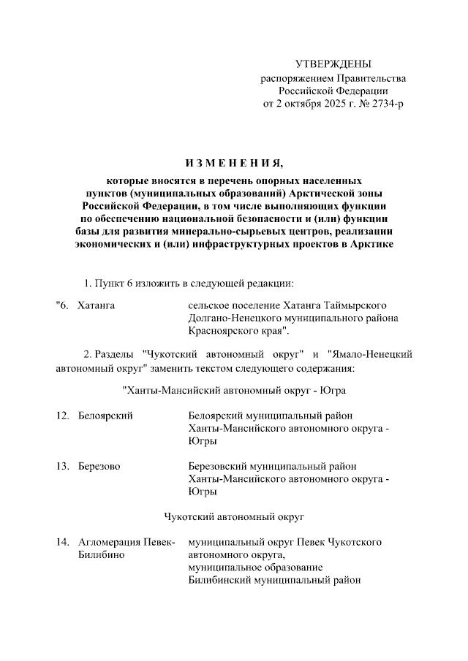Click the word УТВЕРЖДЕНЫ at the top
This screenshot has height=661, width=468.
click(x=333, y=64)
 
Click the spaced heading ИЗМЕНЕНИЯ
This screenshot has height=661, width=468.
click(x=234, y=161)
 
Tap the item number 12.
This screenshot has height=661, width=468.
click(x=62, y=416)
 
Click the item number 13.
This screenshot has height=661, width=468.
click(x=62, y=466)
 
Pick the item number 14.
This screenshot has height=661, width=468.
click(x=62, y=543)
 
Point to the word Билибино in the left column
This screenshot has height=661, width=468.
click(x=100, y=555)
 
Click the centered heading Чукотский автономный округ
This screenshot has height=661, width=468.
click(x=234, y=516)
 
